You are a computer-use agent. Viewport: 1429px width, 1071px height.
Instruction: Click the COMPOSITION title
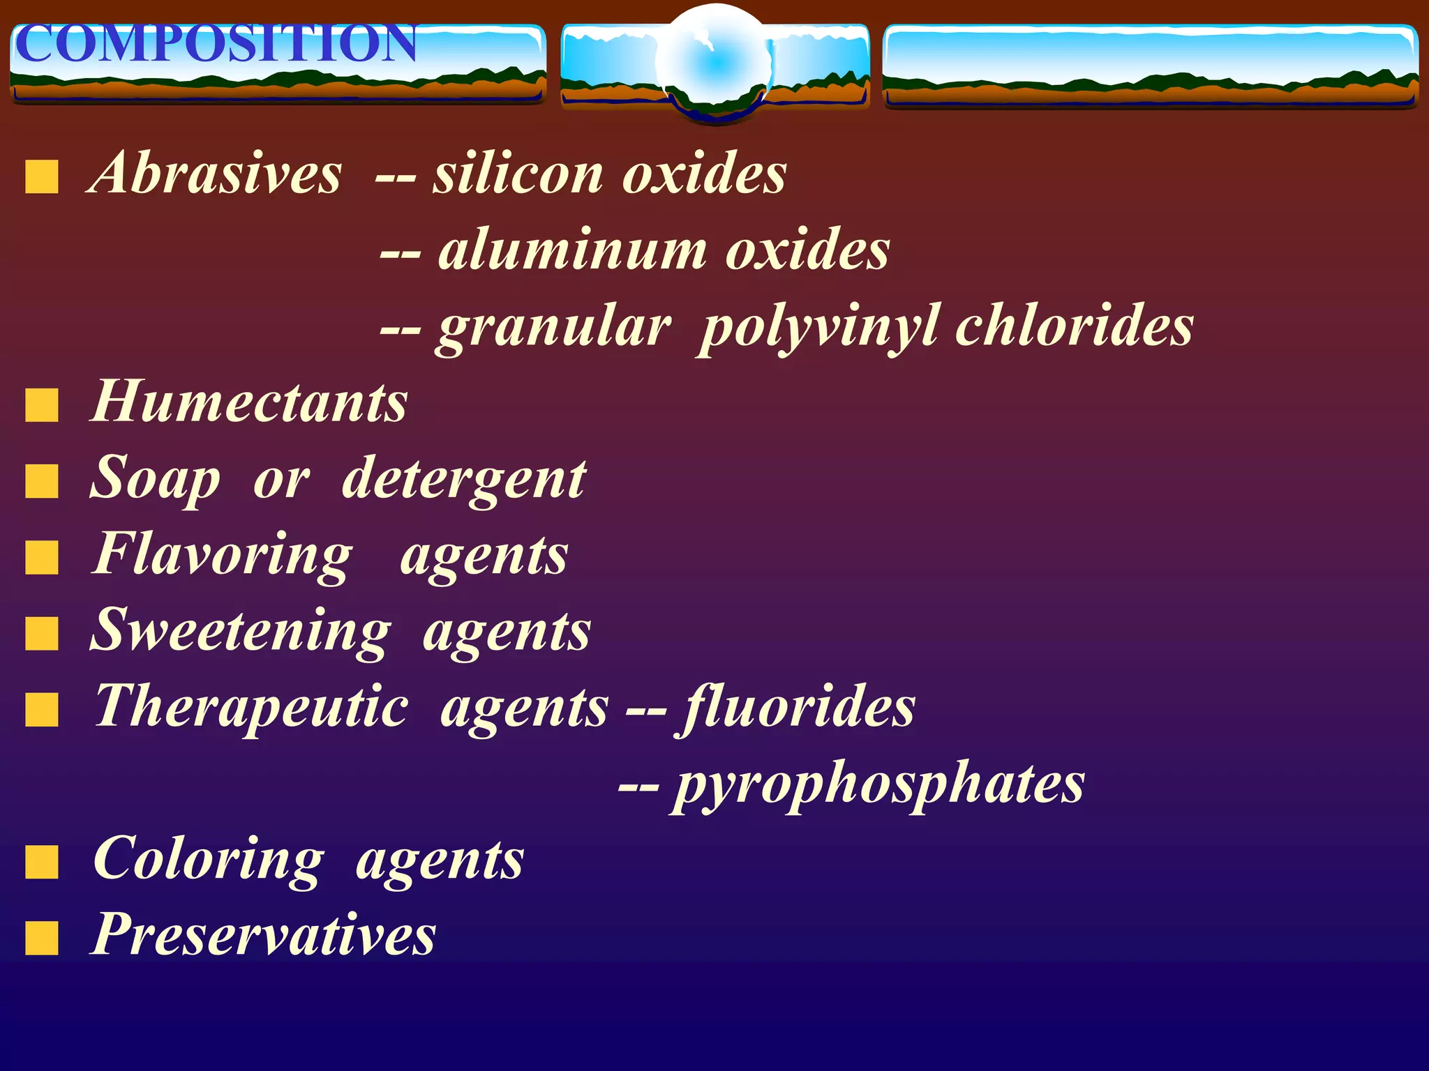click(x=215, y=43)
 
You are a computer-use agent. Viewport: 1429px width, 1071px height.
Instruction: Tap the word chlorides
click(x=1075, y=326)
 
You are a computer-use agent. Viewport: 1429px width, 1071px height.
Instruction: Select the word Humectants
click(x=249, y=402)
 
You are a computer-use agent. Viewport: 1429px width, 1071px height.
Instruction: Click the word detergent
click(x=464, y=480)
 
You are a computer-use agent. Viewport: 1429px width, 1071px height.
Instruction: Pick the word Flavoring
click(x=222, y=556)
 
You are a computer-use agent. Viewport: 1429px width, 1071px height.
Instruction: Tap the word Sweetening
click(x=241, y=631)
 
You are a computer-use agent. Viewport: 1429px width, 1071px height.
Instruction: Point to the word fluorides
click(x=798, y=708)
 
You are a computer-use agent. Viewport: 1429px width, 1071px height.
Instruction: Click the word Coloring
click(x=208, y=860)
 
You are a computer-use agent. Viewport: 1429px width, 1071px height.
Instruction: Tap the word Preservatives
click(x=264, y=934)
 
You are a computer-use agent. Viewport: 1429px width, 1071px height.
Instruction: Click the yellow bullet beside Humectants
click(x=42, y=406)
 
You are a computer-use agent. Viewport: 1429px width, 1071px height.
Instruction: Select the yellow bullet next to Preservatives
click(x=42, y=938)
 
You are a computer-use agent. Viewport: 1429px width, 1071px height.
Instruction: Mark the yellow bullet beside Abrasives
click(x=42, y=176)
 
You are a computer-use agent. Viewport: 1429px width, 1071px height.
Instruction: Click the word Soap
click(x=155, y=480)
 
